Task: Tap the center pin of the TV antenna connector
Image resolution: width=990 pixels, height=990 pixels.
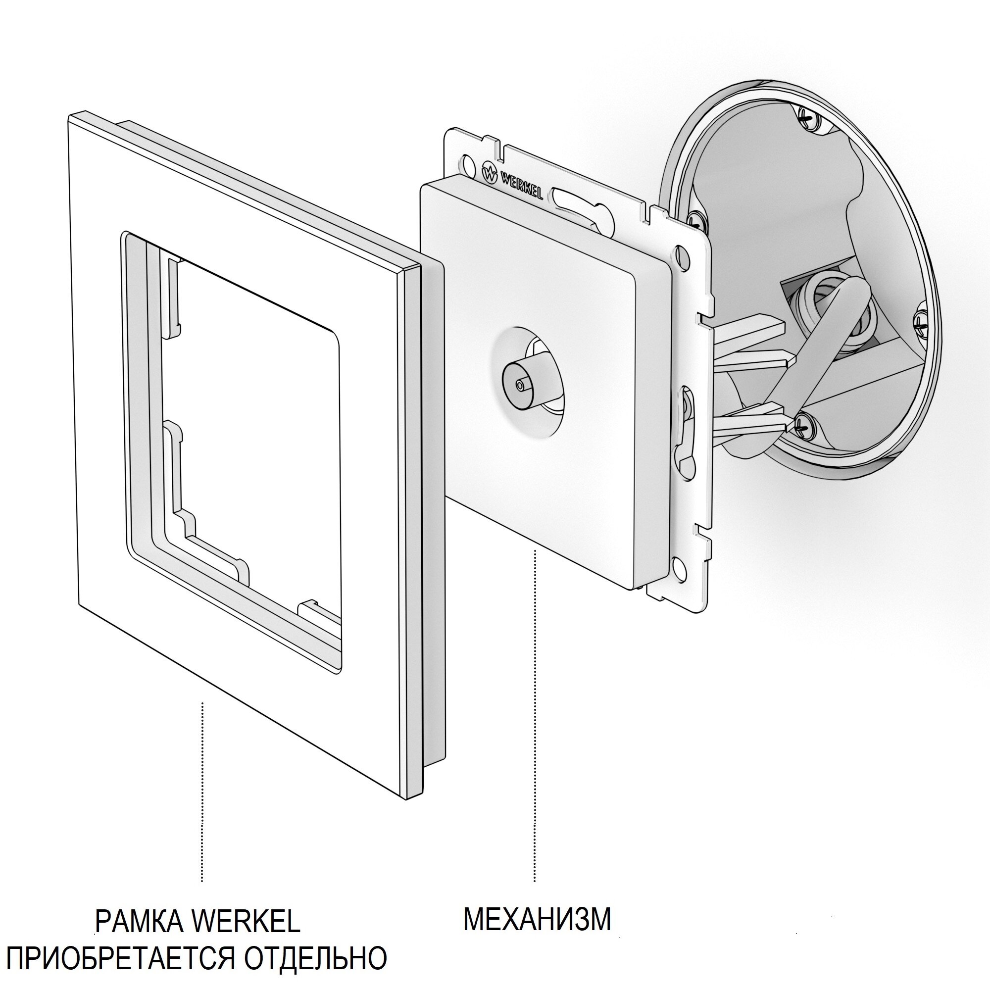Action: [521, 385]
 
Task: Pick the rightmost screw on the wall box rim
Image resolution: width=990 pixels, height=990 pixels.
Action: [920, 322]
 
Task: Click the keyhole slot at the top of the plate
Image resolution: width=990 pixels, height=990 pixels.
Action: [579, 203]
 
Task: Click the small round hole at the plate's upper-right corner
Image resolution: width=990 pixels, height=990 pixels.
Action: [682, 253]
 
